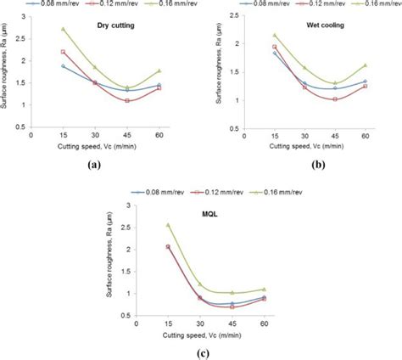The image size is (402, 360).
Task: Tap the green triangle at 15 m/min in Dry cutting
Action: [63, 29]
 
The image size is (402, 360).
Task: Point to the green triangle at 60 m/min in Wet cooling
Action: [366, 65]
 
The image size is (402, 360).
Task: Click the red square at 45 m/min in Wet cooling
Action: [335, 99]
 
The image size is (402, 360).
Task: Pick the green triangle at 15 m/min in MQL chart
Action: [169, 225]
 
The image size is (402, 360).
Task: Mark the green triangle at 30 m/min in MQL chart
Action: [200, 284]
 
